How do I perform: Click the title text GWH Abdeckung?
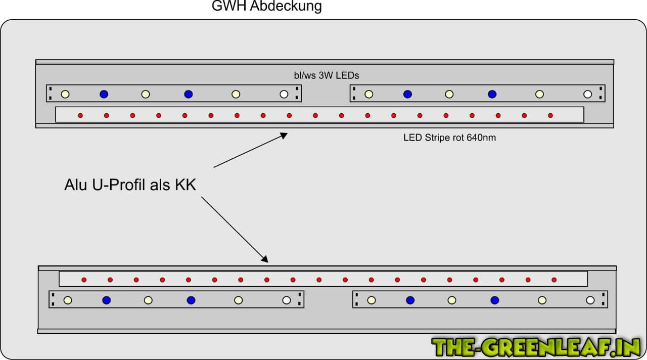tap(266, 7)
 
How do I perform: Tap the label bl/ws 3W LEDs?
tap(327, 75)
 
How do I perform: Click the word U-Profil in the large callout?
tap(119, 185)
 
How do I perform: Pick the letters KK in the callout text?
tap(185, 185)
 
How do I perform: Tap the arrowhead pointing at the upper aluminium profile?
tap(284, 135)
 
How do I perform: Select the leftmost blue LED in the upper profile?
tap(104, 94)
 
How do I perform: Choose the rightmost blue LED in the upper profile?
tap(492, 94)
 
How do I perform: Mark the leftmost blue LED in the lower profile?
tap(106, 300)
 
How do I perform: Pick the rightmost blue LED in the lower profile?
tap(495, 300)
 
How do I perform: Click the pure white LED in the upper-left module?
tap(284, 94)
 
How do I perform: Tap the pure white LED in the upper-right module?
tap(587, 94)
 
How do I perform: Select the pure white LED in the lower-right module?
tap(590, 300)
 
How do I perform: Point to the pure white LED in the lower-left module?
tap(287, 300)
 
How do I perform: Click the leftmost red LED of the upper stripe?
tap(80, 116)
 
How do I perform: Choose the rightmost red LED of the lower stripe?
tap(554, 280)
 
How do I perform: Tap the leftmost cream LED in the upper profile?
tap(65, 94)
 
